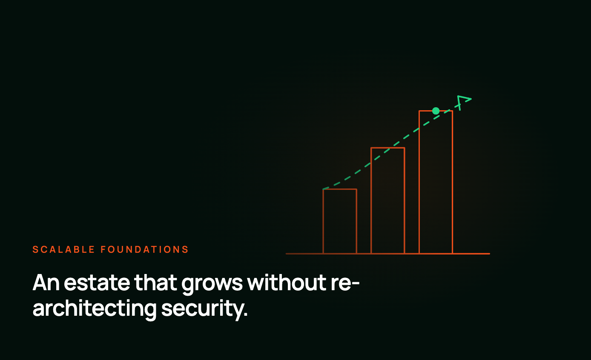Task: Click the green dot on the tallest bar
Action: coord(436,111)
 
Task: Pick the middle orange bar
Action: coord(371,200)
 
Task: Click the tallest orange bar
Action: coord(419,182)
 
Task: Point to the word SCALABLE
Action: coord(63,249)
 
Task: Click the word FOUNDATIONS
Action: coord(145,249)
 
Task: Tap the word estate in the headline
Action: coord(97,283)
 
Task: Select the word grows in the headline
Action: coord(212,284)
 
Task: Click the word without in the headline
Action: coord(287,282)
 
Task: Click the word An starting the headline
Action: coord(46,283)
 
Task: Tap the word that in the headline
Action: coord(155,282)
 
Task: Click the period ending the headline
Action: coord(246,314)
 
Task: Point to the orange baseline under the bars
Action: coord(388,254)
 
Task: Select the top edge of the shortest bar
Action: coord(340,189)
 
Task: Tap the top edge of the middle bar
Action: coord(388,148)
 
